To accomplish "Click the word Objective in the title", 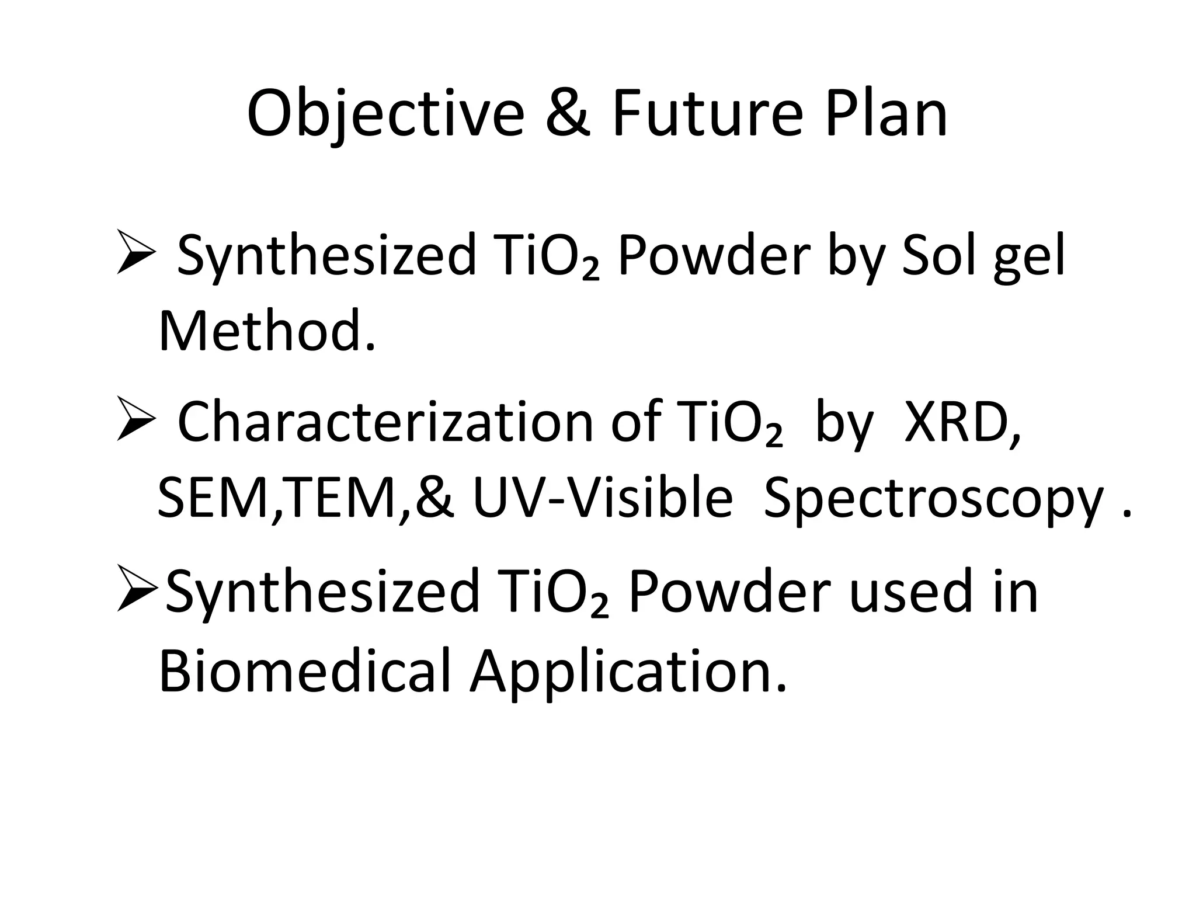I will tap(385, 114).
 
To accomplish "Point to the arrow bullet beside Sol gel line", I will tap(136, 252).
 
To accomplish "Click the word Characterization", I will tap(385, 422).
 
